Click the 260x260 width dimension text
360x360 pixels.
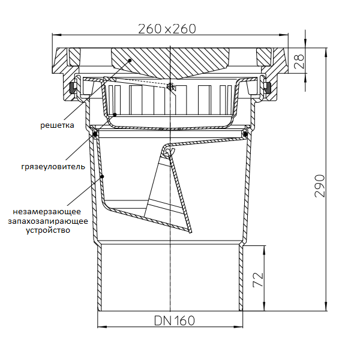pos(167,29)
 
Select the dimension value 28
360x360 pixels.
pos(299,61)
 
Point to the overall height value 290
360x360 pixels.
pos(320,186)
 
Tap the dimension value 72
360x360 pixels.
pos(257,280)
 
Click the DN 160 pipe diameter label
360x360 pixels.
pos(175,321)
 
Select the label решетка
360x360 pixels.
pos(57,125)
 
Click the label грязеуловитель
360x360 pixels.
pos(53,166)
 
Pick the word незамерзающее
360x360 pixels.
pos(47,211)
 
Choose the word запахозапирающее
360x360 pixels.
pos(48,221)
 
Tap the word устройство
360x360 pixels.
pos(48,230)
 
